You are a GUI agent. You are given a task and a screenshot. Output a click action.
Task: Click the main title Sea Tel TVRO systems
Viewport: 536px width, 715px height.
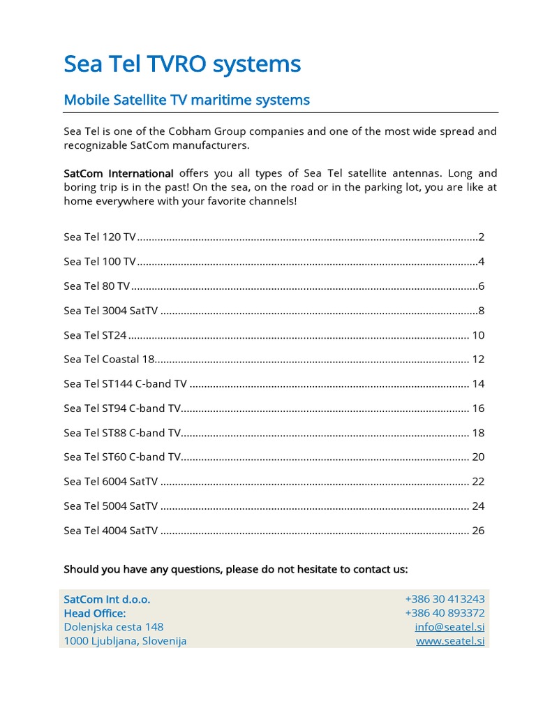click(182, 64)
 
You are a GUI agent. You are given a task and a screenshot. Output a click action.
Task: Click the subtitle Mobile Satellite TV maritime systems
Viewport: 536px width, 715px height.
click(186, 100)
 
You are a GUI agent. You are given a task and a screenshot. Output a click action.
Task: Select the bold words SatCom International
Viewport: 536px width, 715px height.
click(118, 173)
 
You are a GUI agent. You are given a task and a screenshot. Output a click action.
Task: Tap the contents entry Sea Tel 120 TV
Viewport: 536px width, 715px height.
click(100, 237)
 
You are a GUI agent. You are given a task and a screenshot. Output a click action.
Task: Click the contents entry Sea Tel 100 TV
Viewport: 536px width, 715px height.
click(100, 262)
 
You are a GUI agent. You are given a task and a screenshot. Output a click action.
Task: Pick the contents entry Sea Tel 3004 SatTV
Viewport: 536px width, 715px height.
click(110, 311)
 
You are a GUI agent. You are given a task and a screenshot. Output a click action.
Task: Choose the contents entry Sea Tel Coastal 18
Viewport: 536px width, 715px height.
click(108, 360)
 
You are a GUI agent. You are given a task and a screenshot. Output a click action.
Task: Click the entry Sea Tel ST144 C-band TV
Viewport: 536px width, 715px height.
click(125, 384)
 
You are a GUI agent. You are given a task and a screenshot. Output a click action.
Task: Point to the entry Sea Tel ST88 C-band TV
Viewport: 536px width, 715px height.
click(122, 433)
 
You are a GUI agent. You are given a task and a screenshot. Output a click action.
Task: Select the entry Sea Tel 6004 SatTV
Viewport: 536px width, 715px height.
click(110, 482)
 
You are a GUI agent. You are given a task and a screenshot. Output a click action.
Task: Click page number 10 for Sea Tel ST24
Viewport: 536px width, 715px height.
click(478, 335)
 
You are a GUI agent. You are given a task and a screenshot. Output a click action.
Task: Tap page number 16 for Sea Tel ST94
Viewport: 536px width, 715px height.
click(478, 408)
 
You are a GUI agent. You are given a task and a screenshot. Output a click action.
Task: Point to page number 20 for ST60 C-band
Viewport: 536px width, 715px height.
click(478, 457)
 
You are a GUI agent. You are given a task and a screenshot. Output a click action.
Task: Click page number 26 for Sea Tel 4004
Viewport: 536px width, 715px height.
click(478, 531)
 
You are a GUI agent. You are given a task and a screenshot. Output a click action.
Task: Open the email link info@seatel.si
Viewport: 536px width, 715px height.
click(449, 627)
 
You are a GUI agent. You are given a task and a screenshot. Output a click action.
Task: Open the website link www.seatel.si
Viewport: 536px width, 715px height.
click(450, 641)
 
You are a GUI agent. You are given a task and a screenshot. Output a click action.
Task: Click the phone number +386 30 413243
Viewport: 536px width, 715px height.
click(445, 599)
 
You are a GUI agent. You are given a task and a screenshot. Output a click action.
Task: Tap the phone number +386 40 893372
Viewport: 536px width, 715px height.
click(445, 613)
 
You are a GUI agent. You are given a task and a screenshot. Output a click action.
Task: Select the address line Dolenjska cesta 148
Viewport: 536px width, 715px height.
click(113, 627)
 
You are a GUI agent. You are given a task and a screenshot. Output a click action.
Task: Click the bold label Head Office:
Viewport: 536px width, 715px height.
click(95, 613)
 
